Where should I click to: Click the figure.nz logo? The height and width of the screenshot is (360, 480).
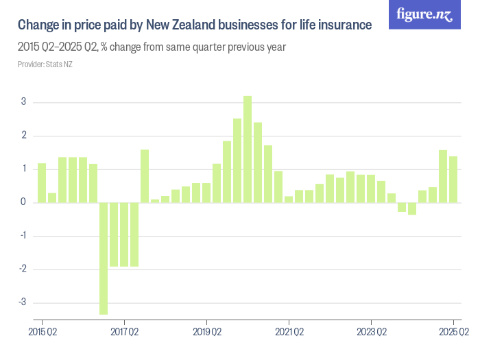click(x=424, y=15)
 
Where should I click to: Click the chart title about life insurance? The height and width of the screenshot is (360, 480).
click(x=195, y=25)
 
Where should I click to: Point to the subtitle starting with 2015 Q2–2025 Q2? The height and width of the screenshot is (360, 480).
click(x=152, y=48)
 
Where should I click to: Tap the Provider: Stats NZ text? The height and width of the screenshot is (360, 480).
click(x=45, y=64)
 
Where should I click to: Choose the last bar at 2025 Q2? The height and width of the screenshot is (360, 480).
click(x=453, y=179)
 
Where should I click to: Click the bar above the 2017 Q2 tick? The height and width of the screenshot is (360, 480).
click(x=124, y=234)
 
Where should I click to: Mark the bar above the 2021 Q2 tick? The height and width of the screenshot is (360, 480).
click(x=289, y=199)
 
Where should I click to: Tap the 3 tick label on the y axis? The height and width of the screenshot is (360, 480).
click(x=24, y=102)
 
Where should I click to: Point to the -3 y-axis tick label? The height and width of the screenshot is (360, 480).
click(x=22, y=302)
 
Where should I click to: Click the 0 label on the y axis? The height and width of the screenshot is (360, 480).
click(x=24, y=202)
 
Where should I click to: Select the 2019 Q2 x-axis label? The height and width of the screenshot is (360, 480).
click(x=206, y=332)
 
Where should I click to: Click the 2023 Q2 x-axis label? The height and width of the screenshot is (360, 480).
click(x=371, y=332)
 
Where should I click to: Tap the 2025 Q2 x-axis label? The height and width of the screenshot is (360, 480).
click(x=453, y=332)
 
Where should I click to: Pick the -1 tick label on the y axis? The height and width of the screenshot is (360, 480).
click(x=22, y=236)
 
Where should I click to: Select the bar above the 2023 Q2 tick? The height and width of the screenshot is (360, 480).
click(x=371, y=189)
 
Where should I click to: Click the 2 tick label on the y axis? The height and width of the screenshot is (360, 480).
click(x=24, y=136)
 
